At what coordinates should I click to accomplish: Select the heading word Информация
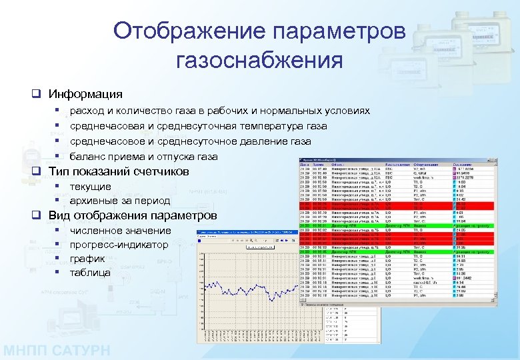pos(85,94)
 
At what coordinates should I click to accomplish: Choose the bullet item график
pos(87,258)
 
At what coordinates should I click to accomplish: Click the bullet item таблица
pos(90,272)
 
